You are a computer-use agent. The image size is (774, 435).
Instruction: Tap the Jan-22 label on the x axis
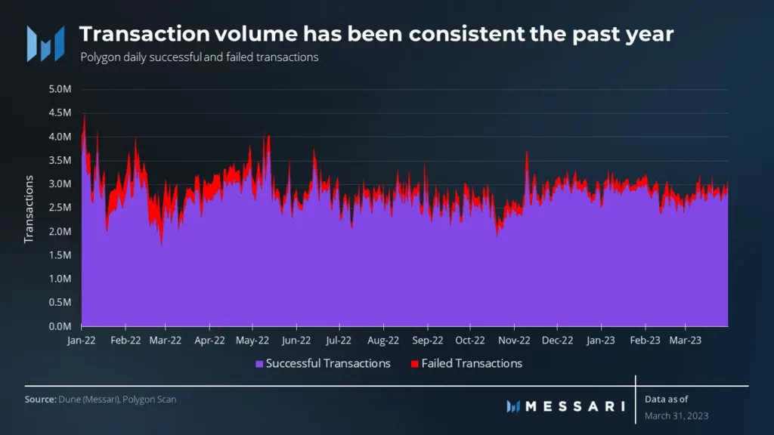(82, 340)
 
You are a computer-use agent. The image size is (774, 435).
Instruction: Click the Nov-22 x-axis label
(514, 340)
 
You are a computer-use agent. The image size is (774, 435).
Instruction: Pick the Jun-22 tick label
(296, 340)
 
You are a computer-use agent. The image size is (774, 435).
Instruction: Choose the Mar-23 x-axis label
(686, 340)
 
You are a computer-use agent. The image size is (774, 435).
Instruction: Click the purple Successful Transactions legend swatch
(259, 364)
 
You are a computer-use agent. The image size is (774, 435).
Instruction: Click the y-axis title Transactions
(29, 209)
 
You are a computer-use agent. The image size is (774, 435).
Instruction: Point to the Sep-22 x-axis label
(428, 340)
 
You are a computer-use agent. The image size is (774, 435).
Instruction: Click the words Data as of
(667, 400)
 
